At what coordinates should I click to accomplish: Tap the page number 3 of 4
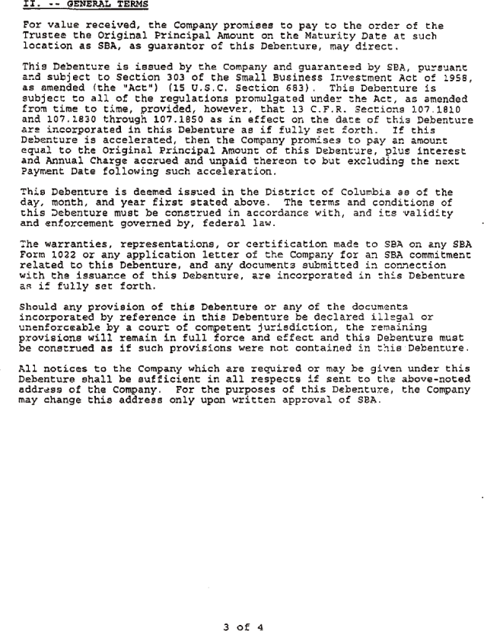[243, 607]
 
